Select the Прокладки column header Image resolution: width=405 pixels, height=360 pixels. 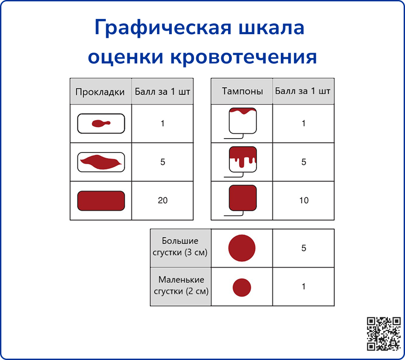click(x=100, y=92)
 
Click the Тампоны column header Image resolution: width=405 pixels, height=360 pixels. click(x=242, y=91)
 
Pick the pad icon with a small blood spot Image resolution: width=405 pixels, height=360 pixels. click(x=101, y=123)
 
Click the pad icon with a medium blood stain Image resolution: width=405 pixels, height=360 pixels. click(x=101, y=162)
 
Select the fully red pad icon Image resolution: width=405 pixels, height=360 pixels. click(x=101, y=201)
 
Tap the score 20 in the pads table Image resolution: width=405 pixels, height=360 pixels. click(x=162, y=201)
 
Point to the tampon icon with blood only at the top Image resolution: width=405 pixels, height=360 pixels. click(x=243, y=121)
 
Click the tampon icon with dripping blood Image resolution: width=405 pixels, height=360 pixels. click(x=243, y=159)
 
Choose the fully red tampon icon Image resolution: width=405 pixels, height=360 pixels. click(x=243, y=198)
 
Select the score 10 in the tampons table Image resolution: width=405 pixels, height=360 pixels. click(x=304, y=201)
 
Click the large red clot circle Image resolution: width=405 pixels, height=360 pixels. click(x=242, y=248)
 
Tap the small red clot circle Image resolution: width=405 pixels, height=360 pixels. click(x=242, y=287)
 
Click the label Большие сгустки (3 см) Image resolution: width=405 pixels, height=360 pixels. click(x=180, y=247)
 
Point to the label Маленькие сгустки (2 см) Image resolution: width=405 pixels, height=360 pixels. click(x=181, y=286)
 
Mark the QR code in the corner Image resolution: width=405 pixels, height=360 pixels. click(x=384, y=333)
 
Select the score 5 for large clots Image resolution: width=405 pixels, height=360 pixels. click(x=304, y=248)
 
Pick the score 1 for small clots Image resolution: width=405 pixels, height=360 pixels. click(x=304, y=287)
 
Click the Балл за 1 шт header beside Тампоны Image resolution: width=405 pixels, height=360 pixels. click(x=303, y=91)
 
